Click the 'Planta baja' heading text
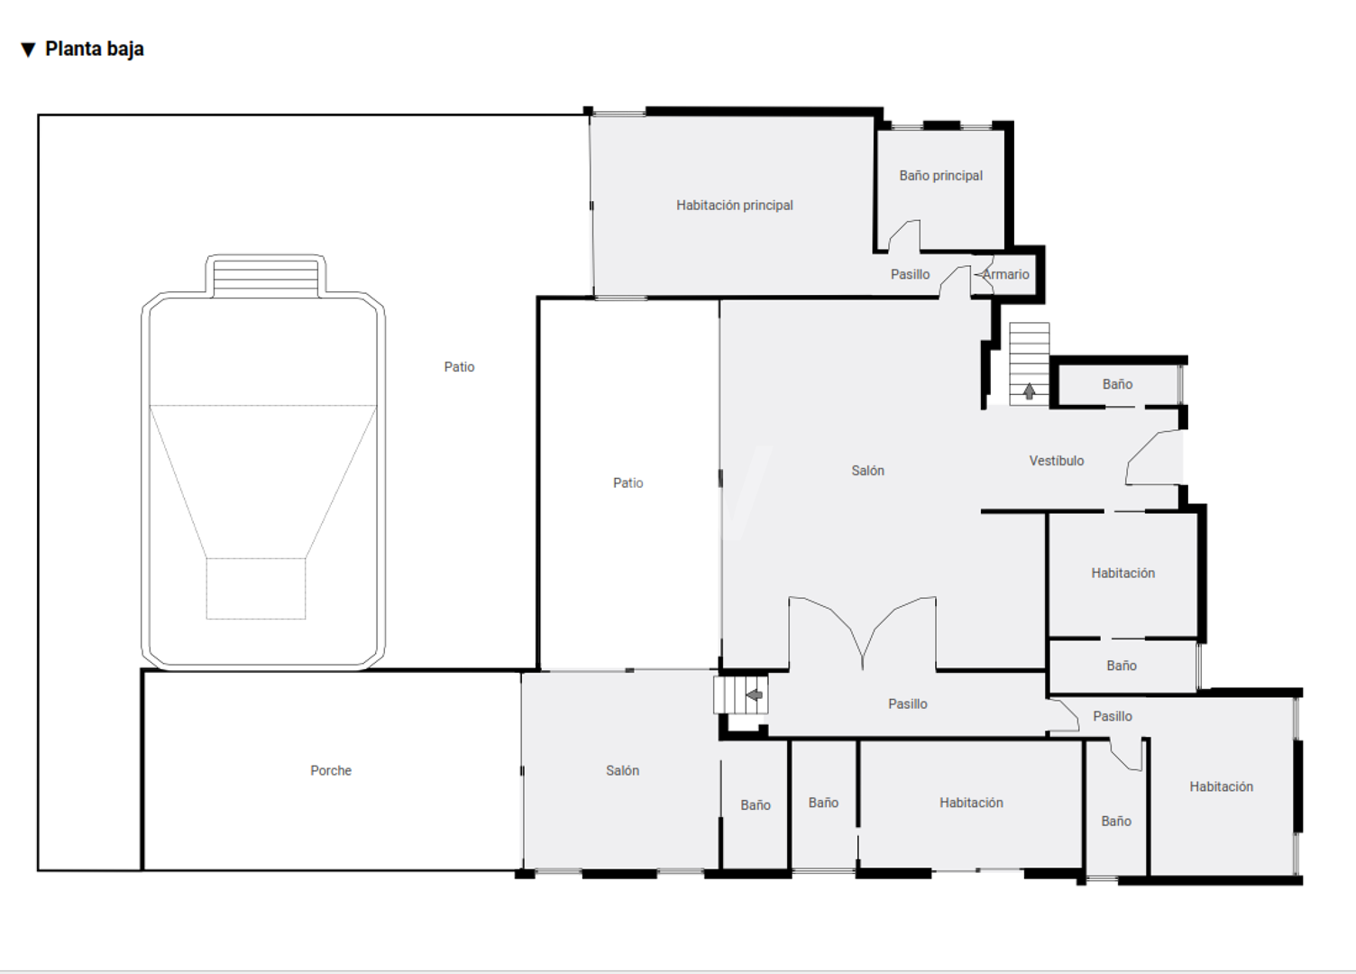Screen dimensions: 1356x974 click(x=95, y=49)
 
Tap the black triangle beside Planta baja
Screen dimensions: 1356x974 click(x=28, y=50)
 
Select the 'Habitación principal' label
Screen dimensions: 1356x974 click(x=734, y=206)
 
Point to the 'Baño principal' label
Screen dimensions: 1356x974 click(x=940, y=176)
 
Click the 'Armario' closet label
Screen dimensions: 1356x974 click(x=1005, y=274)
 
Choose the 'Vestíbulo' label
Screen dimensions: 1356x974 click(x=1057, y=461)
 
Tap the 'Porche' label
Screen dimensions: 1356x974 click(x=331, y=770)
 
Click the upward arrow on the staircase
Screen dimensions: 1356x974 click(x=1029, y=391)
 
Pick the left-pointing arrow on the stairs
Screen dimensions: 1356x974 click(x=754, y=695)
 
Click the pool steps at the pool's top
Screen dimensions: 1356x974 click(x=265, y=278)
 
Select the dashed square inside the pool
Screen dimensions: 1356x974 click(x=255, y=588)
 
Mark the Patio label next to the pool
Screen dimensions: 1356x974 click(x=459, y=367)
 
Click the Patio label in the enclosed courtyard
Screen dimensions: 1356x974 click(x=628, y=483)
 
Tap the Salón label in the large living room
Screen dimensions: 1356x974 click(x=867, y=471)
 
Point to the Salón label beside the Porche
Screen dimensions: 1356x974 click(x=622, y=770)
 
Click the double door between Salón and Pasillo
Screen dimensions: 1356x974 click(x=862, y=632)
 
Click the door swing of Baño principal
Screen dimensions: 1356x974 click(x=904, y=235)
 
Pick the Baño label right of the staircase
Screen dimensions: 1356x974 click(x=1117, y=384)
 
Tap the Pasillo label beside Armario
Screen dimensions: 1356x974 click(x=910, y=274)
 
